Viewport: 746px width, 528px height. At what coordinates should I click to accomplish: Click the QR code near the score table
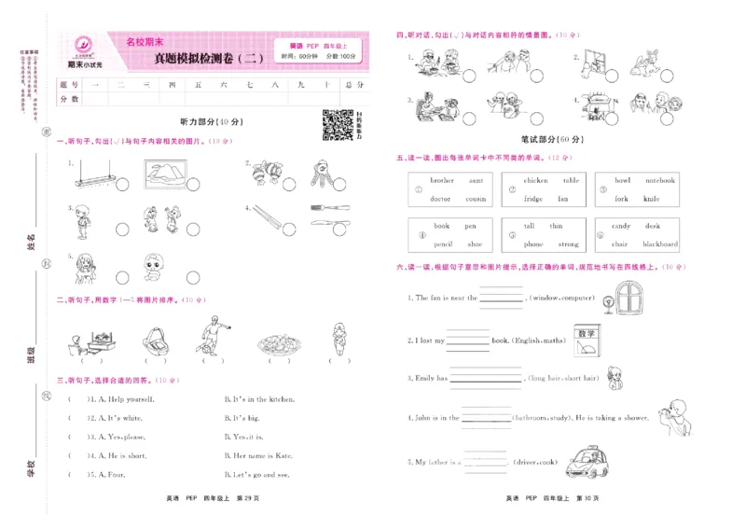click(337, 124)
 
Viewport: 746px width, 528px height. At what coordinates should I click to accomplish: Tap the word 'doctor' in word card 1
click(439, 199)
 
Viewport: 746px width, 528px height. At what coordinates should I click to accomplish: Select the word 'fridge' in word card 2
click(532, 199)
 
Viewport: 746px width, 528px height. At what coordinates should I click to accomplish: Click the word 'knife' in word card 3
click(651, 199)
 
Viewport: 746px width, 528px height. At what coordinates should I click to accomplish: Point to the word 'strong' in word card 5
click(567, 244)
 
